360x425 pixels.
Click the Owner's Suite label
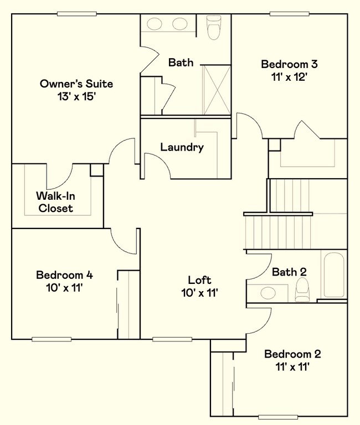[76, 84]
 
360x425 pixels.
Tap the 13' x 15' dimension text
[76, 96]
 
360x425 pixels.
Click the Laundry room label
[182, 147]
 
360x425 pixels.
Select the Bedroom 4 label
[61, 275]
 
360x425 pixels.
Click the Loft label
[199, 280]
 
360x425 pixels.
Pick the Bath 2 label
[289, 272]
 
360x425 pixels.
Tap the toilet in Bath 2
[302, 289]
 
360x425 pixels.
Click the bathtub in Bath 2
[334, 275]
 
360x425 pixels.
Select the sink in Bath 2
[269, 293]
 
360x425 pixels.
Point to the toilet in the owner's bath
[214, 27]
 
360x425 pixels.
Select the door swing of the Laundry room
[157, 165]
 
